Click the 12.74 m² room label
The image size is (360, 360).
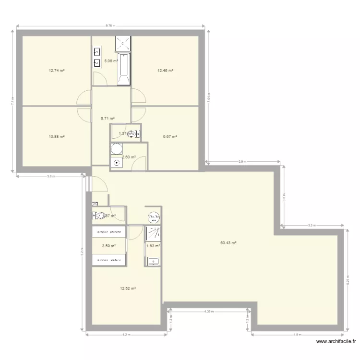pos(57,70)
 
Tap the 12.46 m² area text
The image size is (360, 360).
pos(165,70)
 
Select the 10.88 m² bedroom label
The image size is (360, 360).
pos(57,136)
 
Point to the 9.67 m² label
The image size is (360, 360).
pos(170,136)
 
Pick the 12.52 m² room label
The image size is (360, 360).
pos(128,288)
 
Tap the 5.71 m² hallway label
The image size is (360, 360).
pos(108,118)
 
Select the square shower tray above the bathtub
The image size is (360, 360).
pos(123,44)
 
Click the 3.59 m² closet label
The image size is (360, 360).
pos(109,246)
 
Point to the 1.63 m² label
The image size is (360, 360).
pos(153,246)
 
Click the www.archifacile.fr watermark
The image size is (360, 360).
pos(337,342)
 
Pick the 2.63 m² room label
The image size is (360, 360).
pos(129,157)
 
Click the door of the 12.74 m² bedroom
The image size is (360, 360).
pos(84,98)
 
